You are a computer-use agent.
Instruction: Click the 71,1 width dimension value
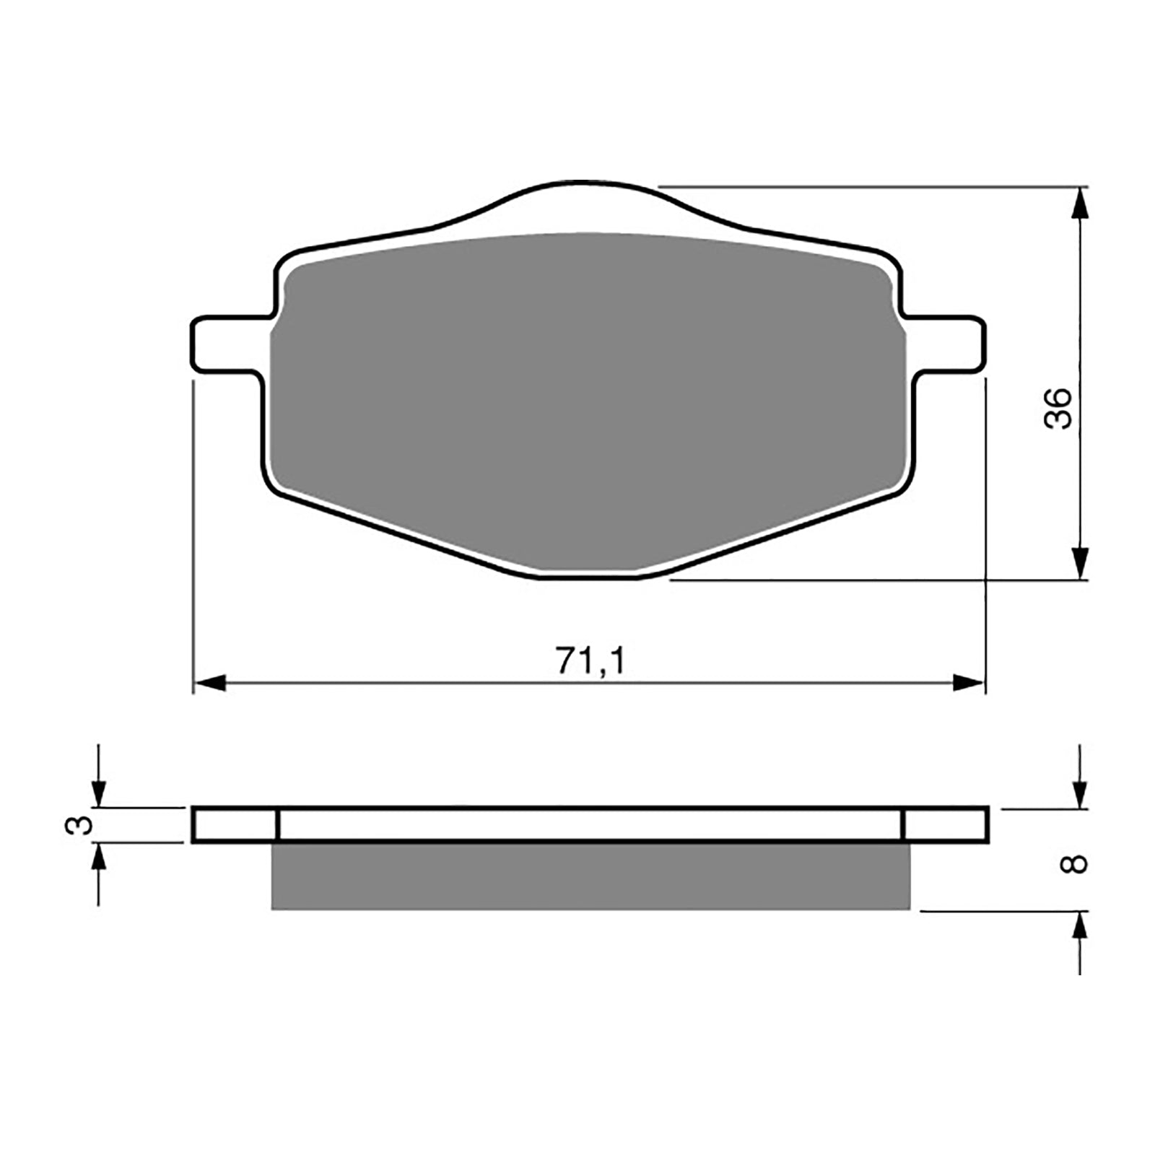point(589,661)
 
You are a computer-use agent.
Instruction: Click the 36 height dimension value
point(1059,409)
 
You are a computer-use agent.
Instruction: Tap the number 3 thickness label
point(79,824)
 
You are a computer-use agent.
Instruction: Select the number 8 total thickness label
point(1076,863)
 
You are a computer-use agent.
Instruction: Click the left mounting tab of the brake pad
point(225,345)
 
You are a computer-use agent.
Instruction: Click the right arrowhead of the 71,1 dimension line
point(968,683)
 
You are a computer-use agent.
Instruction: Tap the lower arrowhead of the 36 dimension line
point(1079,563)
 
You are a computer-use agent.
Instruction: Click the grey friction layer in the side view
point(590,876)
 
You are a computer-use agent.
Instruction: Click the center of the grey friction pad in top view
point(588,397)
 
